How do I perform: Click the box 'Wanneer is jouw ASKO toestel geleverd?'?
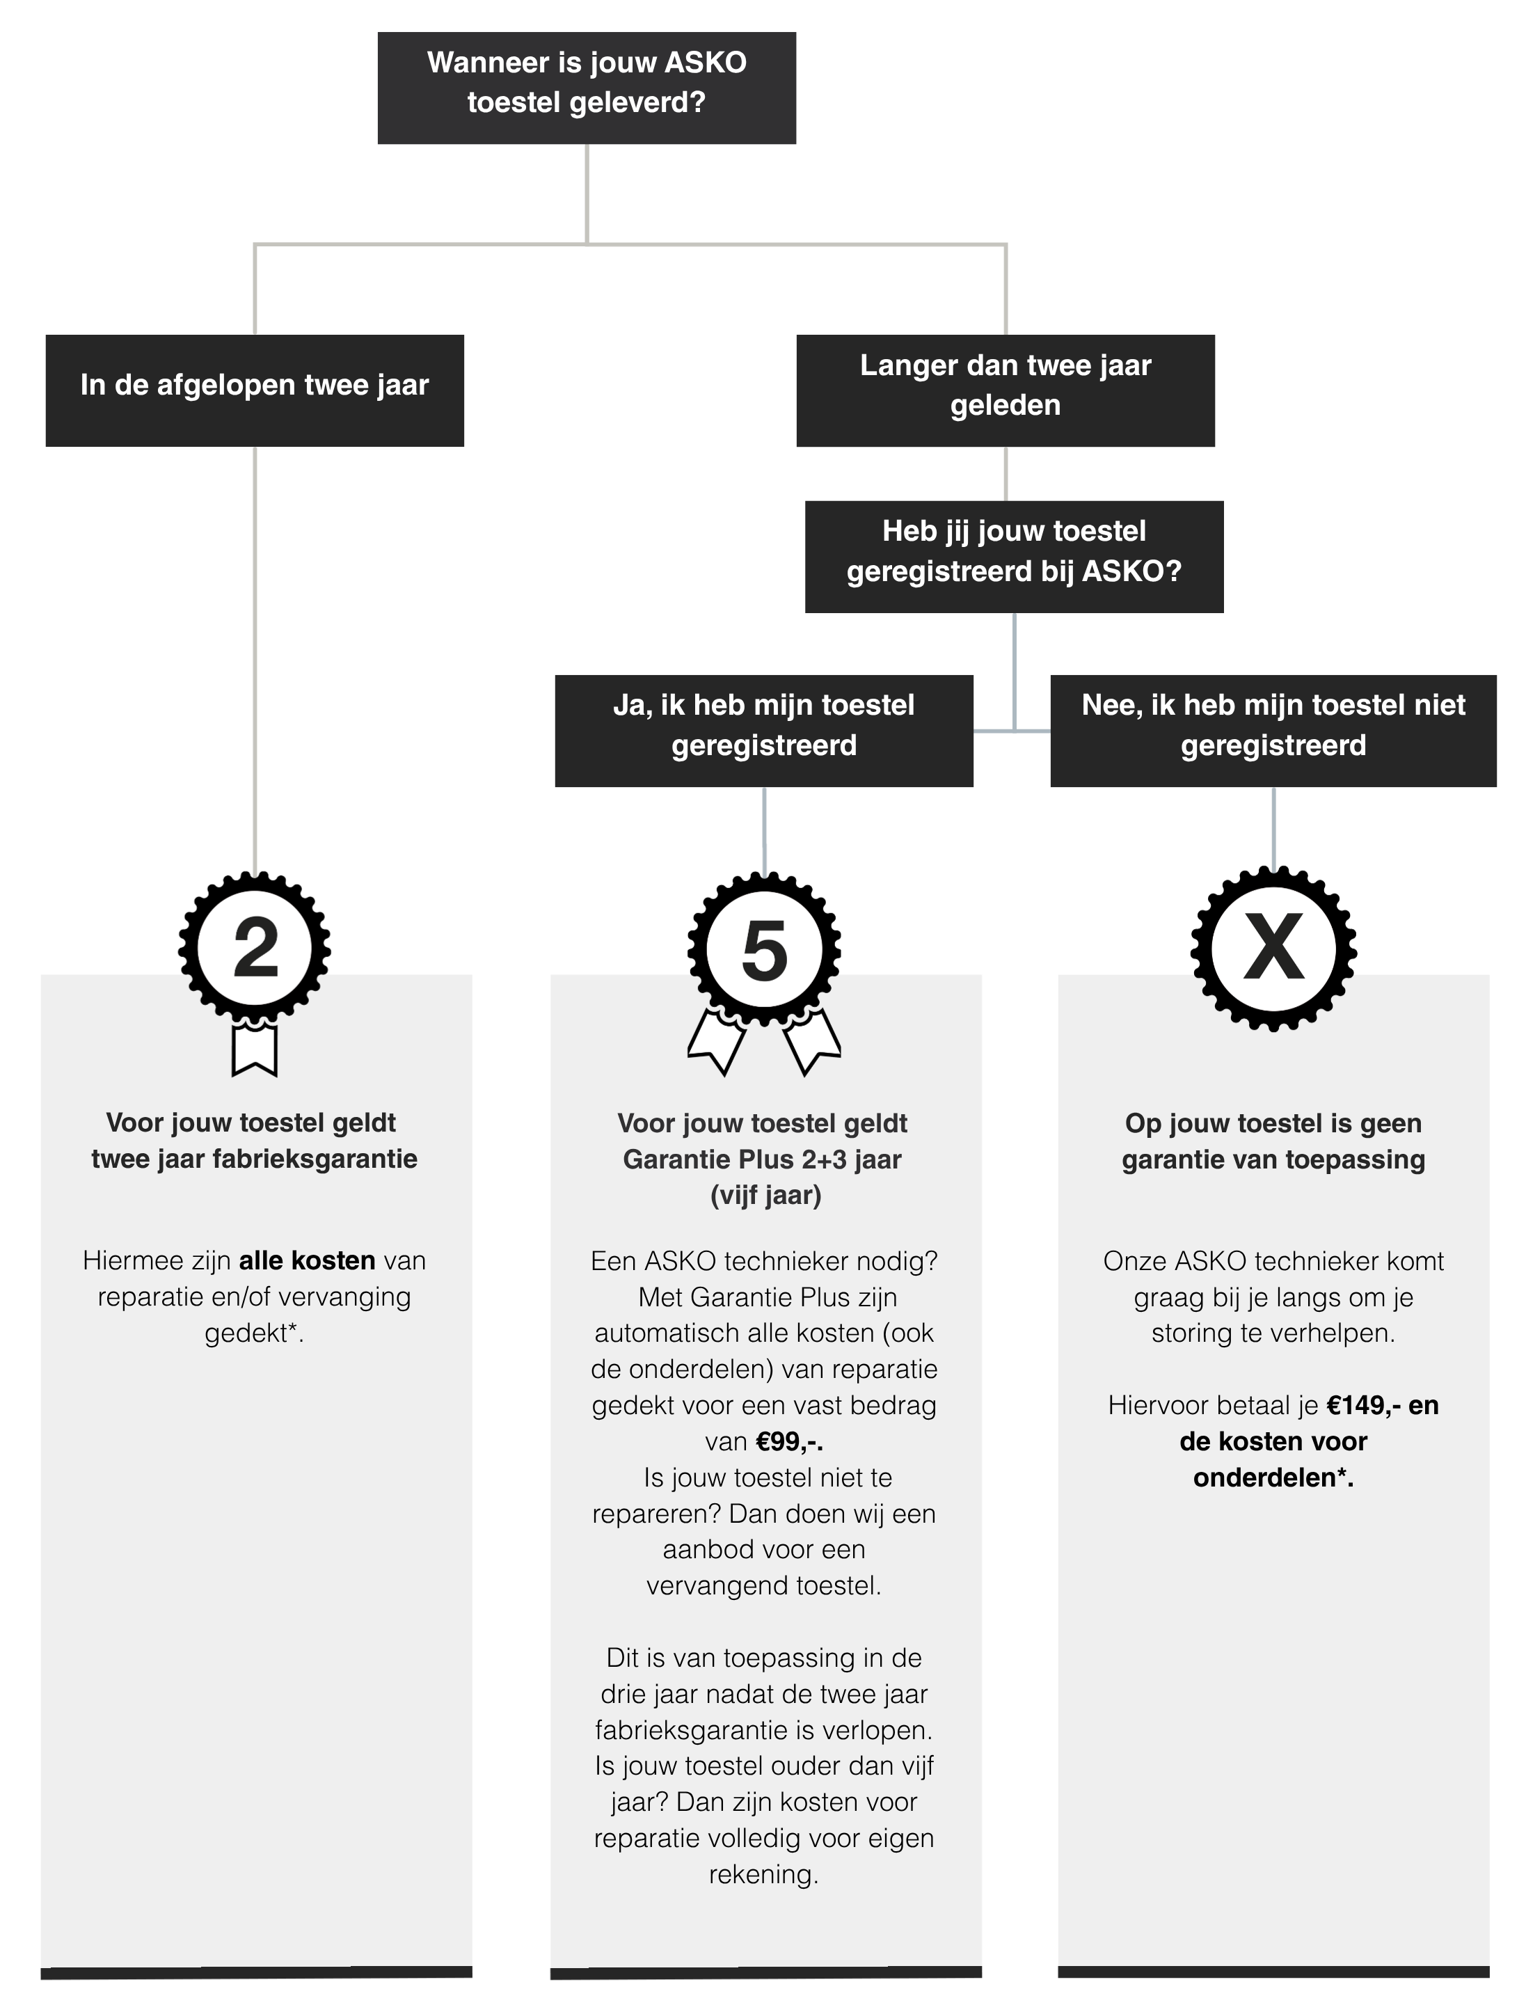coord(587,88)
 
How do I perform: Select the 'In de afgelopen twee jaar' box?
coord(255,390)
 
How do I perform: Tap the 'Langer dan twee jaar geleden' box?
coord(1006,390)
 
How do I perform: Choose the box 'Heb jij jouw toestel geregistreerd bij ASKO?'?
coord(1014,557)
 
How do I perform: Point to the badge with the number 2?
coord(255,949)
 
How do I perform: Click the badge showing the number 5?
coord(764,950)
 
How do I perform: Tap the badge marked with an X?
coord(1273,949)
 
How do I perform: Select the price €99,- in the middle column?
coord(789,1441)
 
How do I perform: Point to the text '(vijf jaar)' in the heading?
coord(765,1195)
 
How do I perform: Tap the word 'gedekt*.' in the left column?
coord(255,1333)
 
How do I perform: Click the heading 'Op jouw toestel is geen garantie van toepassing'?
coord(1273,1141)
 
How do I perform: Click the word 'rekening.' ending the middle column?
coord(764,1875)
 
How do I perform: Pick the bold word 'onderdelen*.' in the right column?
coord(1273,1477)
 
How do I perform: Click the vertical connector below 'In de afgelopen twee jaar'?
coord(255,659)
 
